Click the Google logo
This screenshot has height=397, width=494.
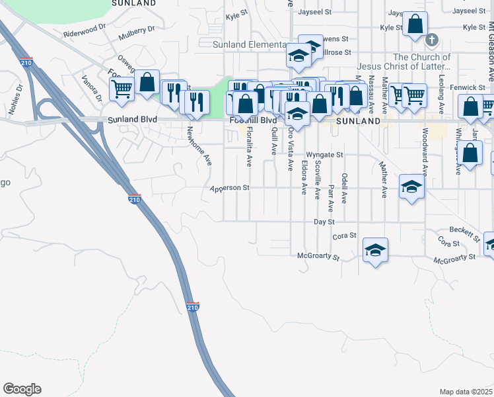click(x=22, y=389)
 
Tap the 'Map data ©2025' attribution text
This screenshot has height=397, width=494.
click(x=466, y=392)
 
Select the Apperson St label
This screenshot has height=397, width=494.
click(x=229, y=188)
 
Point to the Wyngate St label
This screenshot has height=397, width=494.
click(x=330, y=155)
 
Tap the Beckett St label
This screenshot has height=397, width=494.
click(x=465, y=232)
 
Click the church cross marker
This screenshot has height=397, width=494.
click(x=433, y=40)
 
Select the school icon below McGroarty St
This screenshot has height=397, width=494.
click(x=375, y=250)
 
